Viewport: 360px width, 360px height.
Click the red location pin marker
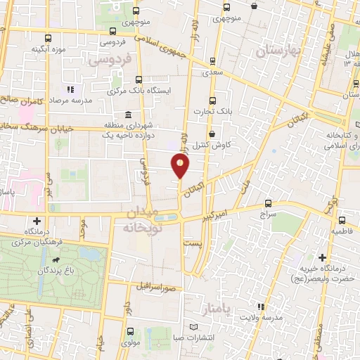(x=181, y=166)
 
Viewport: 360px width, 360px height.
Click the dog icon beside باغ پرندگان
(x=68, y=269)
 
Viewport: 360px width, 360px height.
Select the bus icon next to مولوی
(x=130, y=332)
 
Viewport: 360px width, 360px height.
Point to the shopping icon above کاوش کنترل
(x=211, y=134)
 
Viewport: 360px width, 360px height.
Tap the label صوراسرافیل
(x=150, y=288)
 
